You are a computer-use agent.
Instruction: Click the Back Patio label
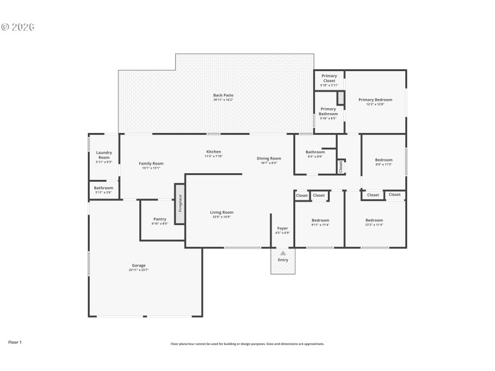pyautogui.click(x=223, y=95)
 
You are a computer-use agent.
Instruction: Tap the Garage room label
pyautogui.click(x=138, y=265)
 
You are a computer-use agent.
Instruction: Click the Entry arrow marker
pyautogui.click(x=283, y=253)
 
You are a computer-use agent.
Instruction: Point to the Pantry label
pyautogui.click(x=160, y=219)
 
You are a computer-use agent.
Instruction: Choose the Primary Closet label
pyautogui.click(x=329, y=78)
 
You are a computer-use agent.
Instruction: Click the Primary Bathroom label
pyautogui.click(x=329, y=111)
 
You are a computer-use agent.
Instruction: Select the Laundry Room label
pyautogui.click(x=103, y=155)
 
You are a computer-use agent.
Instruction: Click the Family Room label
pyautogui.click(x=151, y=163)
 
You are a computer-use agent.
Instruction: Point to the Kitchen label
pyautogui.click(x=213, y=151)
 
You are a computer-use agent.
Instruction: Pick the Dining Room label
pyautogui.click(x=269, y=158)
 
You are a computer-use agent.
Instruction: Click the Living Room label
pyautogui.click(x=222, y=213)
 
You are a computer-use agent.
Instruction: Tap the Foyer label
pyautogui.click(x=282, y=228)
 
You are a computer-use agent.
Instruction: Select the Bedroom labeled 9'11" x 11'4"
pyautogui.click(x=321, y=221)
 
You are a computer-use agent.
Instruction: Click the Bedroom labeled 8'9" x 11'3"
pyautogui.click(x=384, y=160)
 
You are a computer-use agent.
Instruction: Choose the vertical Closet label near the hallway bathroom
pyautogui.click(x=340, y=166)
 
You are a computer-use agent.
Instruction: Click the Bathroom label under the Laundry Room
pyautogui.click(x=103, y=188)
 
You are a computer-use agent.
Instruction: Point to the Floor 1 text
pyautogui.click(x=15, y=341)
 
